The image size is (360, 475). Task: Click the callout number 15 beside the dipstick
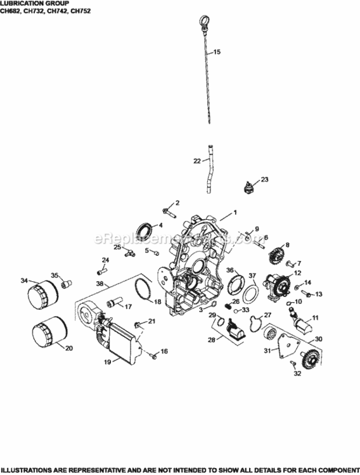[x=217, y=51]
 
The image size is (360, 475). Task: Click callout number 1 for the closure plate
[x=234, y=213]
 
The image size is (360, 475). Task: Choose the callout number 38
[x=100, y=284]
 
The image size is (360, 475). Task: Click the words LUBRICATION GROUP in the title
[x=25, y=3]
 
